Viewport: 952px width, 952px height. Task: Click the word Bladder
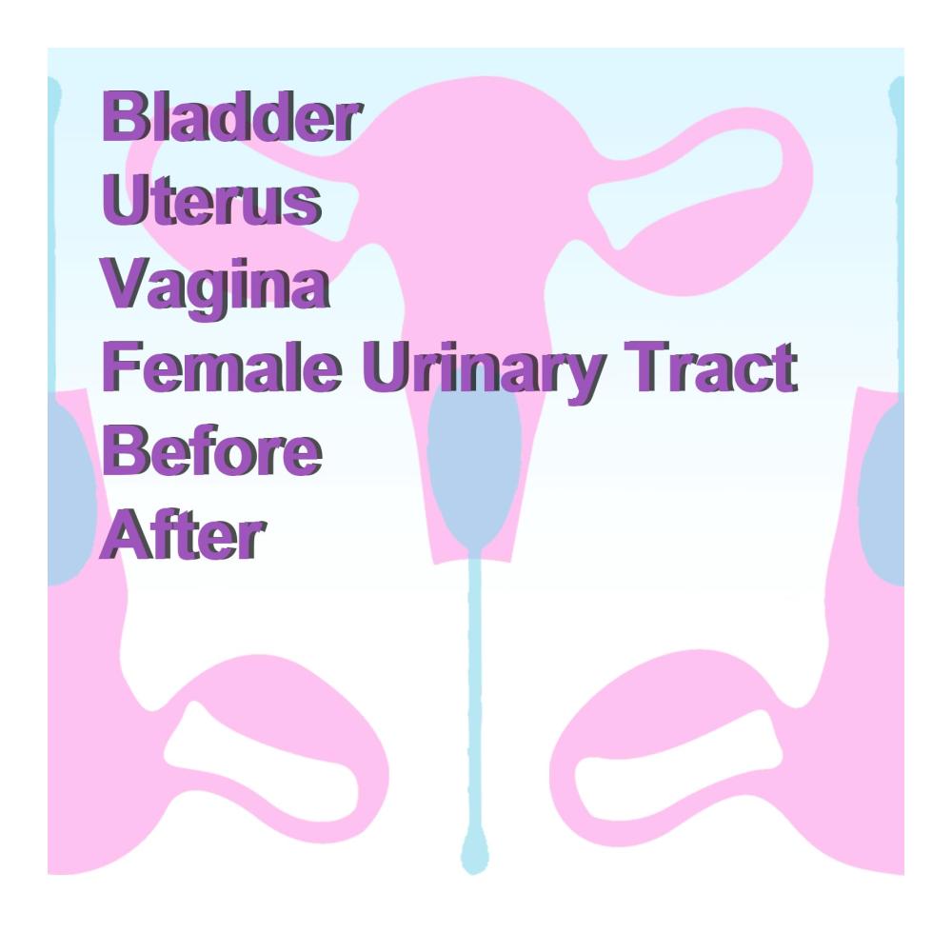pos(232,116)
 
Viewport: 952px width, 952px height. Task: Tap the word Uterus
pos(212,200)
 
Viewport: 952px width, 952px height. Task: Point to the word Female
pos(222,367)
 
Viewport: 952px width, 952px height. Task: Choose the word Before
pos(212,450)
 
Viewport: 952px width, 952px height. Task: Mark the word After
pos(183,534)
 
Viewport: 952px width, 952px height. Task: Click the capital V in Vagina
pos(128,284)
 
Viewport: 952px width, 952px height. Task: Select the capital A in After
pos(127,534)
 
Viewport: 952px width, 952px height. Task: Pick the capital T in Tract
pos(649,367)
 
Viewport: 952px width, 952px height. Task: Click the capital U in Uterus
pos(126,200)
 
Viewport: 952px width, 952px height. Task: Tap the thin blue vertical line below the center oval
pos(475,692)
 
